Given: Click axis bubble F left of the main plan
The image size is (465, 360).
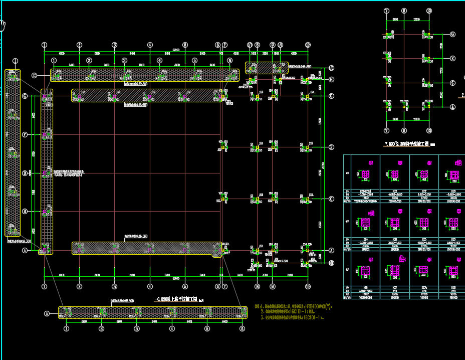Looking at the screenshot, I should tap(24, 135).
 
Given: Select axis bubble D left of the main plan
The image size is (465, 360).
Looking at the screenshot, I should tap(24, 173).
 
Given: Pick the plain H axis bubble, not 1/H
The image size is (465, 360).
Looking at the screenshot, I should tap(331, 79).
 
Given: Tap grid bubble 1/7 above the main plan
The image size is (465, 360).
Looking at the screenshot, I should tap(250, 45).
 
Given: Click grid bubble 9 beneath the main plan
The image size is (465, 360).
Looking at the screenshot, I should tap(273, 287).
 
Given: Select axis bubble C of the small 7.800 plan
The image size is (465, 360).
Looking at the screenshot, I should tap(452, 83).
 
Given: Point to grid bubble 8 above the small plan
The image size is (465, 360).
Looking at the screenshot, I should tap(403, 11).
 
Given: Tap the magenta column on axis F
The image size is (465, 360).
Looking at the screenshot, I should tap(45, 135).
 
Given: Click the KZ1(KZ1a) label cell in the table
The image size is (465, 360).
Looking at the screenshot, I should tap(366, 192).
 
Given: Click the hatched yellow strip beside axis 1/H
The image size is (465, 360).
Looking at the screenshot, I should tap(267, 67).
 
